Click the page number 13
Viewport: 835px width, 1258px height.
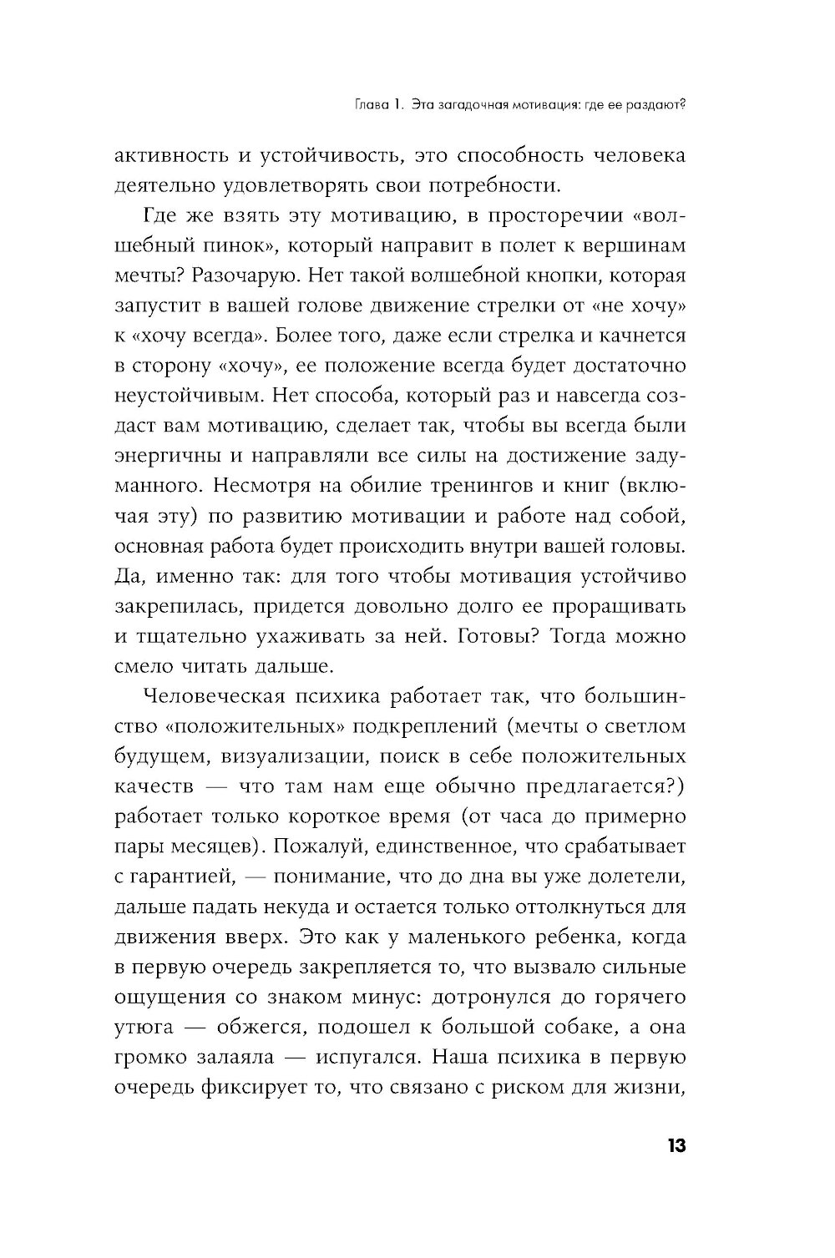tap(676, 1145)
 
